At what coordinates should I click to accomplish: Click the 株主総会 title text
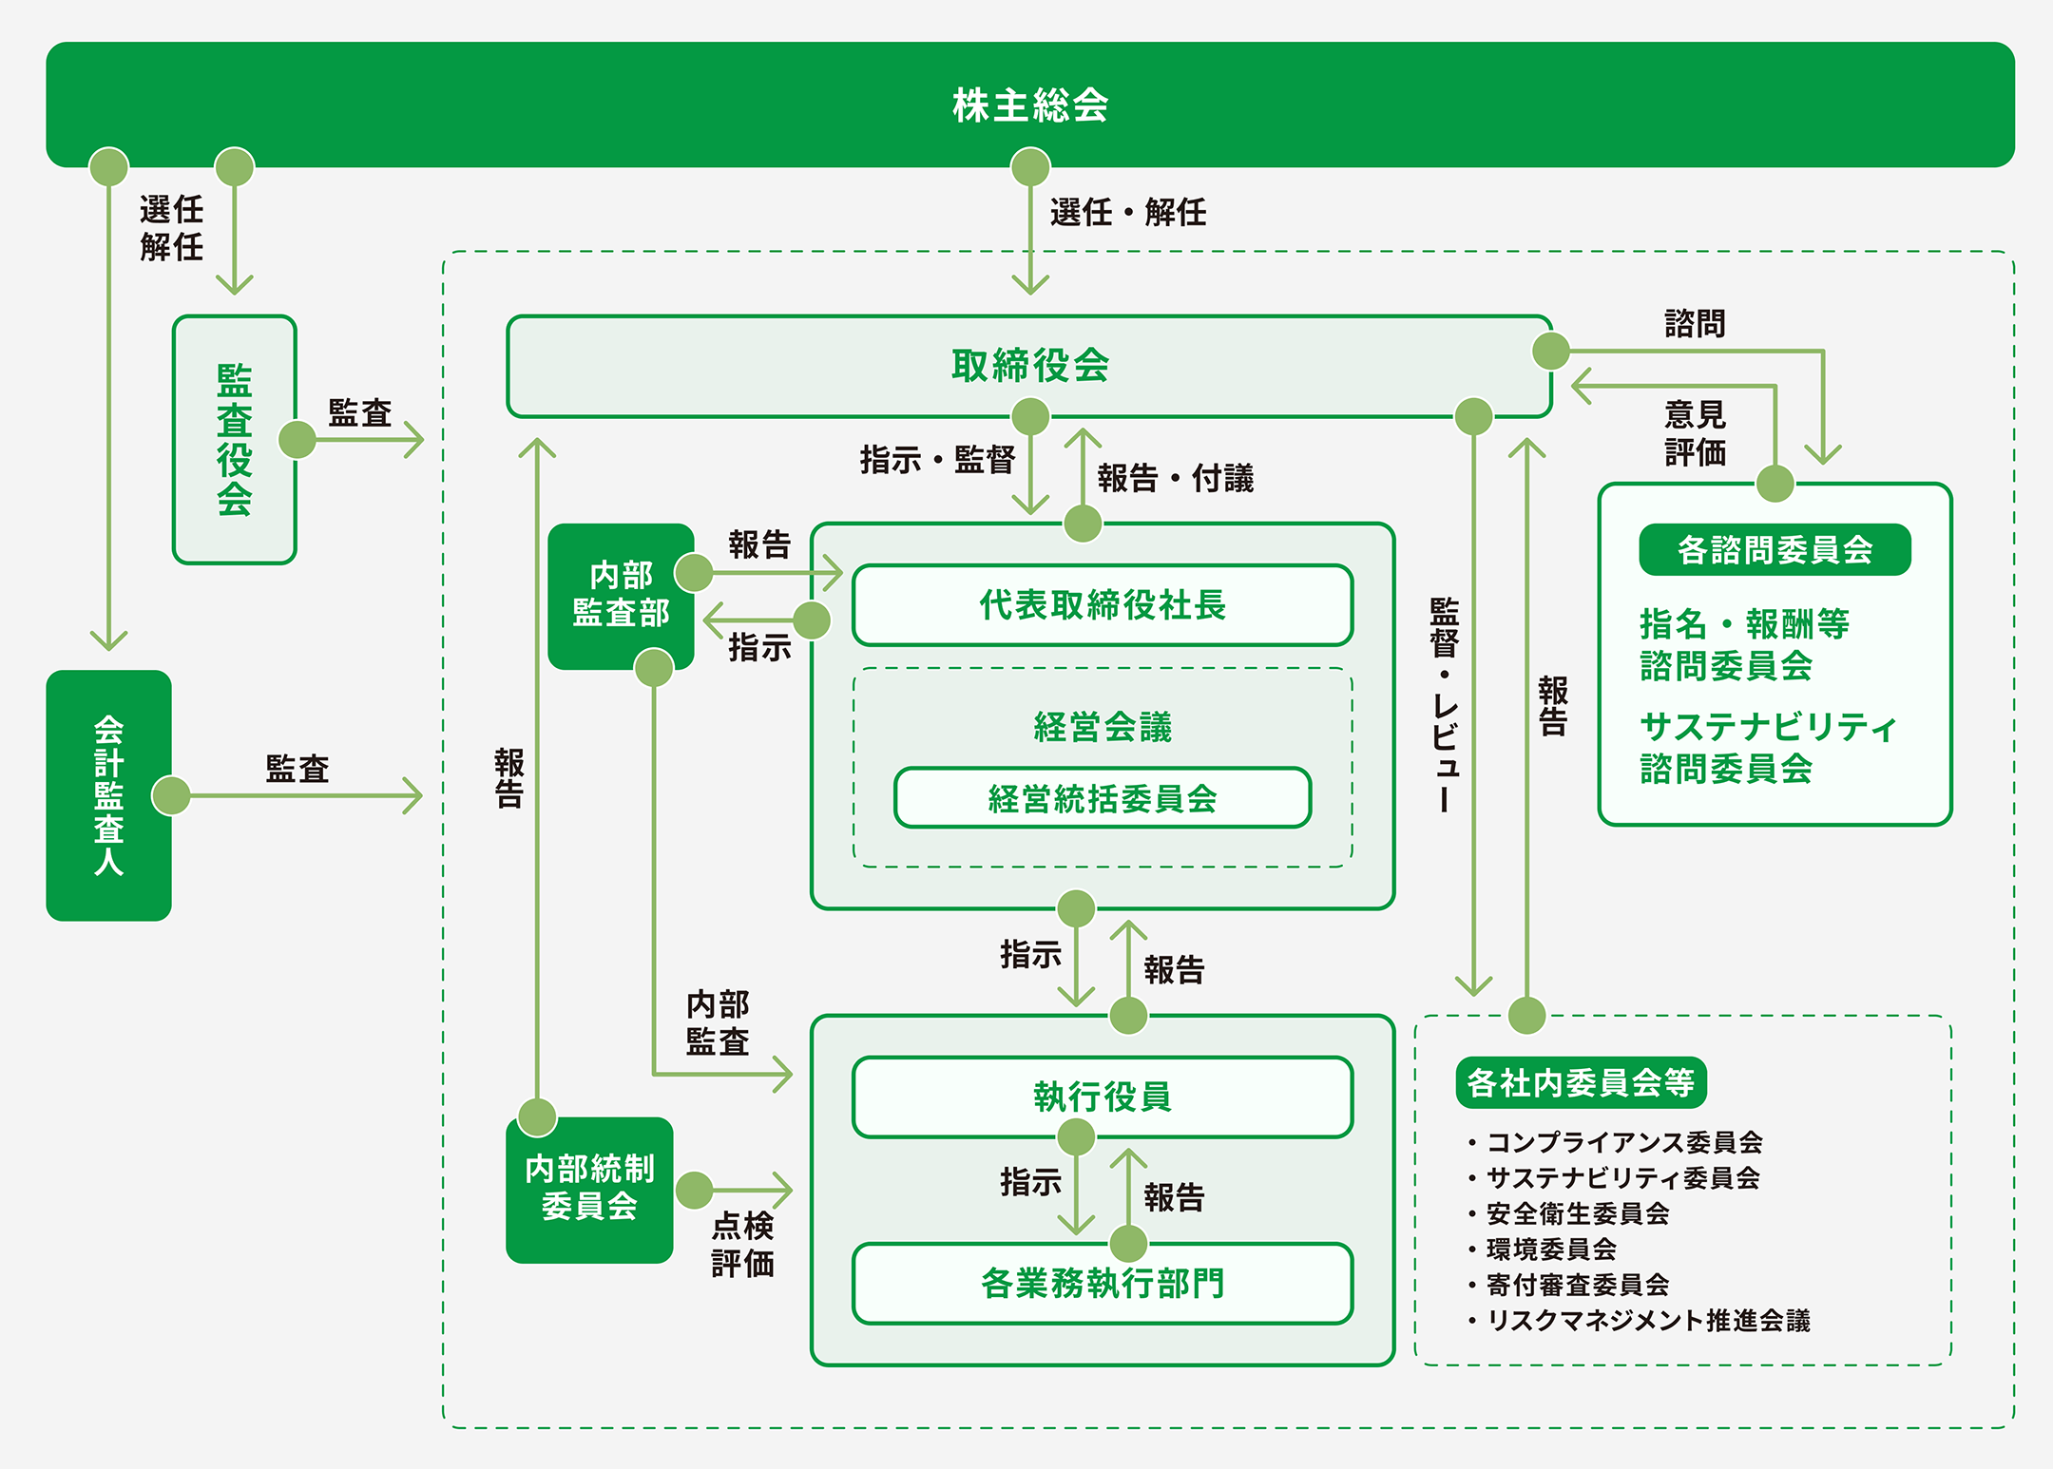(x=1030, y=105)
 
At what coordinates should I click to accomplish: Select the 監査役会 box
(x=234, y=439)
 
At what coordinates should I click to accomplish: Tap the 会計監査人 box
(x=108, y=795)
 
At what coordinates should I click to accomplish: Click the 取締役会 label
(x=1030, y=366)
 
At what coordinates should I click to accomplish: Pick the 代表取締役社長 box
(x=1103, y=605)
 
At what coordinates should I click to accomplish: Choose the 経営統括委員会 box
(x=1103, y=798)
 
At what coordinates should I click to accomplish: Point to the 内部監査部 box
(x=621, y=596)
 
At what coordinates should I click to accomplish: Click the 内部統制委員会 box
(x=589, y=1189)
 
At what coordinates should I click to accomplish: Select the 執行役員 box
(x=1103, y=1097)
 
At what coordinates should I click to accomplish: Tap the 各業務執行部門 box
(x=1103, y=1283)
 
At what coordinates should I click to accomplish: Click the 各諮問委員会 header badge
(x=1775, y=549)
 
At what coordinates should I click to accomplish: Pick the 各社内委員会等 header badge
(x=1581, y=1082)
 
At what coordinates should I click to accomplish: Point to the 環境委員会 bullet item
(x=1551, y=1249)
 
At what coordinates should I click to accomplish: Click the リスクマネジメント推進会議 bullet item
(x=1647, y=1320)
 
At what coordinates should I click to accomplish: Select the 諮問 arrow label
(x=1695, y=324)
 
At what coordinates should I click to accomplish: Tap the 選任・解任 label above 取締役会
(x=1128, y=212)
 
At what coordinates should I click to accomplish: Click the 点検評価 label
(x=742, y=1244)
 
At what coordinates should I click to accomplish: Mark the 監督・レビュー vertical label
(x=1444, y=704)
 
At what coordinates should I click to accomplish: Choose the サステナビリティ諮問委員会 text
(x=1767, y=748)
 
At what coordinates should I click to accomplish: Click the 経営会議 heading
(x=1103, y=727)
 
